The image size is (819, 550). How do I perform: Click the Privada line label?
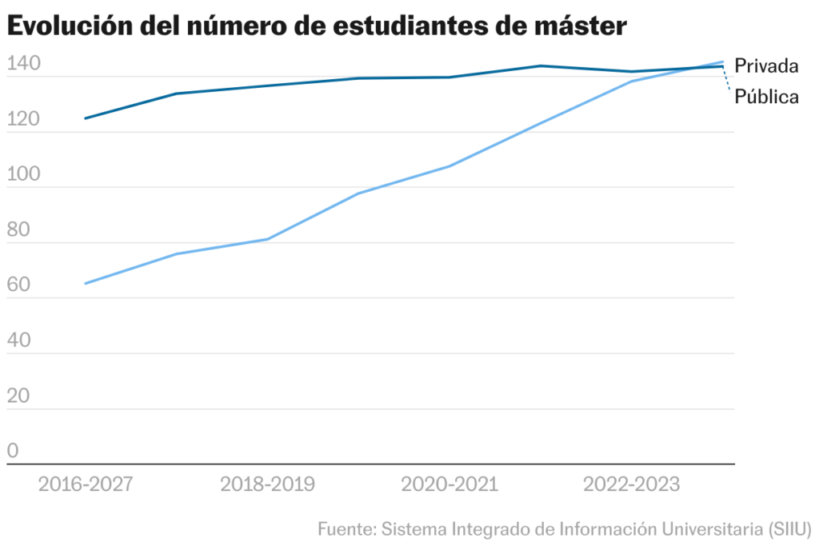pos(767,66)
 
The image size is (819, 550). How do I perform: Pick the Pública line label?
pos(767,98)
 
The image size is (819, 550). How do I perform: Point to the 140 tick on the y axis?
pos(22,66)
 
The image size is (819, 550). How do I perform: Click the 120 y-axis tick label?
pos(22,121)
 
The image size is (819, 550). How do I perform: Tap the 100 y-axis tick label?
pos(22,176)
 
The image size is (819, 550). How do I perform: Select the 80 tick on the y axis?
pos(18,231)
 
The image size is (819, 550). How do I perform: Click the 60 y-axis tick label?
pos(18,286)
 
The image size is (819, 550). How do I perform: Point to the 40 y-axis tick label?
pos(18,342)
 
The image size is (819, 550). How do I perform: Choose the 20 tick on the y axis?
pos(18,397)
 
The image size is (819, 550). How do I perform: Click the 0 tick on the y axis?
pos(13,452)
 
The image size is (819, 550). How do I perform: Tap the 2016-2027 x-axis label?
pos(86,484)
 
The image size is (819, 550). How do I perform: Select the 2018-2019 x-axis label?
pos(267,484)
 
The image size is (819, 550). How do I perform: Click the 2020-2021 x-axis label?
pos(449,484)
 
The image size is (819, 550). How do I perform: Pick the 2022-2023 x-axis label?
pos(631,484)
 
